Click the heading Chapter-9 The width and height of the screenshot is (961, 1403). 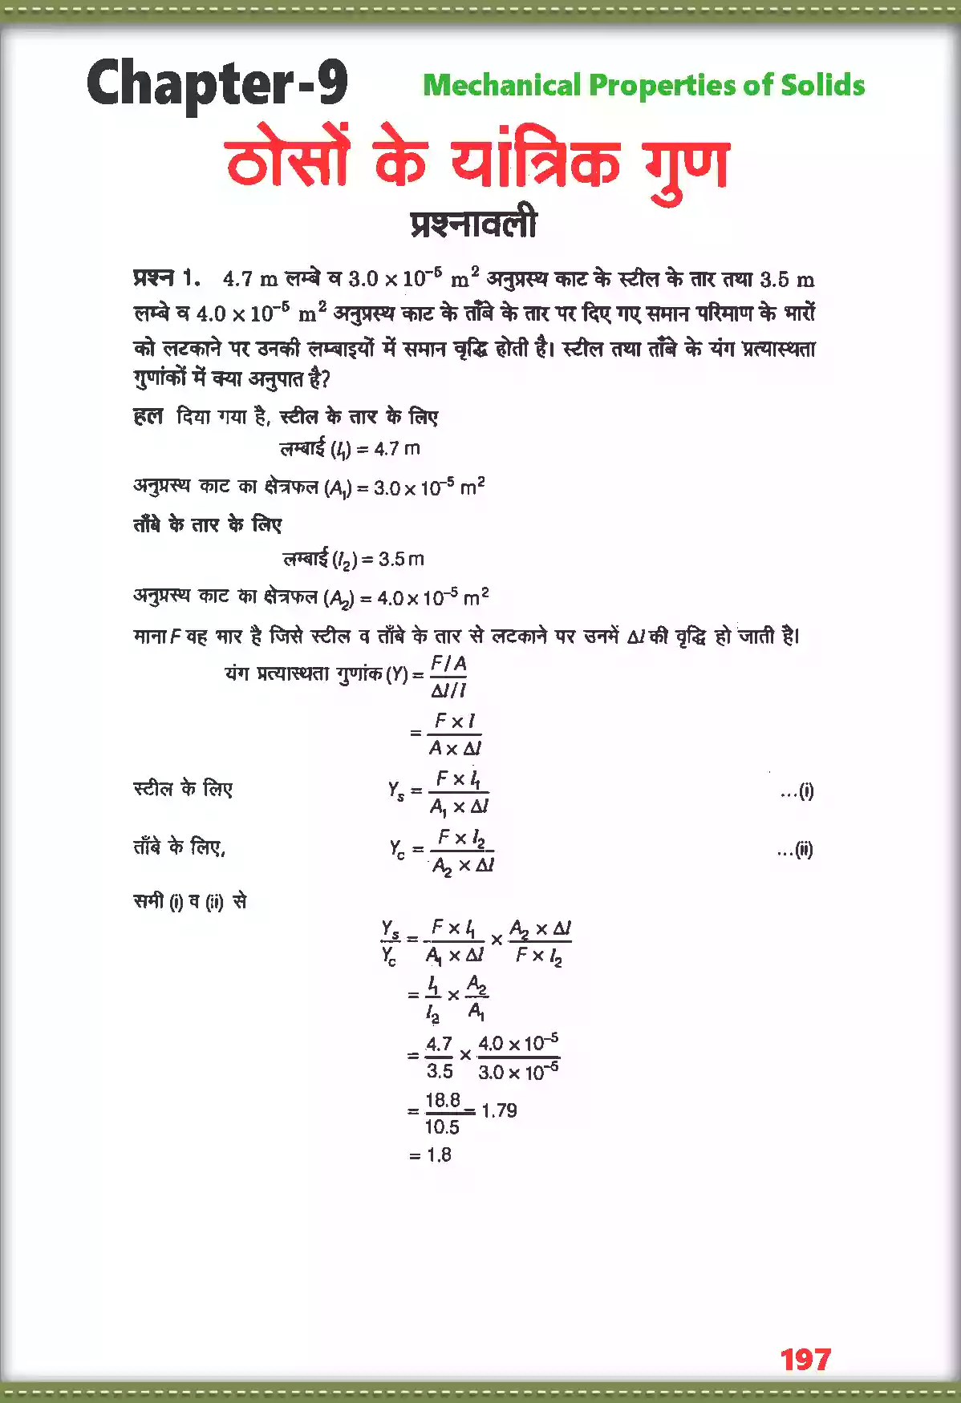[x=217, y=83]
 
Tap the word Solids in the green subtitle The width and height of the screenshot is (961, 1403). [x=823, y=85]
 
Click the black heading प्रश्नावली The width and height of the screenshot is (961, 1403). [x=473, y=224]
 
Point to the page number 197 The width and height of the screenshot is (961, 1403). [x=805, y=1359]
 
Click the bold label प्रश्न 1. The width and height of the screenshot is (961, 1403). [x=166, y=278]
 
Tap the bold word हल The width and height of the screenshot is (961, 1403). [x=148, y=416]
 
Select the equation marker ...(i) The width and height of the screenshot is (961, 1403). [x=797, y=791]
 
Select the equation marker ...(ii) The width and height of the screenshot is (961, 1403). [x=795, y=850]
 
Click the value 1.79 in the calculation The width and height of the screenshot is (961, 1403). [x=499, y=1110]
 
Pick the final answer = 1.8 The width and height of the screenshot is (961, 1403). [x=430, y=1154]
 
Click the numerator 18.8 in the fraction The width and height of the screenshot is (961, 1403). [x=443, y=1099]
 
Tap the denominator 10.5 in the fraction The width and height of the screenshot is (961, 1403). [x=442, y=1127]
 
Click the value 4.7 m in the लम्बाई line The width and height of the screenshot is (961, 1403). [x=397, y=449]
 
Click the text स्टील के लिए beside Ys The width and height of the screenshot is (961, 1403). [x=183, y=789]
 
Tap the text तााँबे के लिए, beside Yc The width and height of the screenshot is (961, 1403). [x=180, y=847]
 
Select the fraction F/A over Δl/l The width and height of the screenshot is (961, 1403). [x=448, y=677]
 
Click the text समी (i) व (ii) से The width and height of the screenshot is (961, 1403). [x=190, y=902]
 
